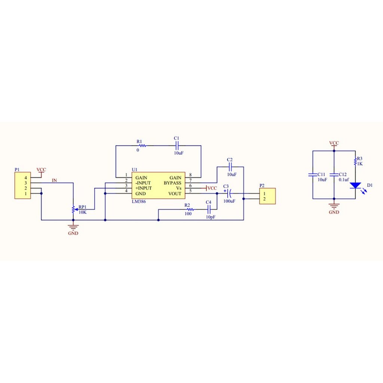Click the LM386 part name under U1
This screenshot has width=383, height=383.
coord(139,202)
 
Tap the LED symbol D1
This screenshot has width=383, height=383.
coord(355,186)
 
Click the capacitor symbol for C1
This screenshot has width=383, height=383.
coord(177,145)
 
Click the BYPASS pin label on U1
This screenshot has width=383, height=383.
coord(172,183)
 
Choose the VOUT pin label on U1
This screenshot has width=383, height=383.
coord(175,194)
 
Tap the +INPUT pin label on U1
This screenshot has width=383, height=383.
coord(144,189)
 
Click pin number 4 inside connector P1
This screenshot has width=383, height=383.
coord(26,178)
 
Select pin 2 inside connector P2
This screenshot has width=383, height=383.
coord(264,199)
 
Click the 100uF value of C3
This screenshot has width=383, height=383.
coord(229,201)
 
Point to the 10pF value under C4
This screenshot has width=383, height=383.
coord(211,217)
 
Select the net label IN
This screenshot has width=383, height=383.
coord(54,180)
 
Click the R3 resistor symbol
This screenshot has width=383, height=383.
coord(355,162)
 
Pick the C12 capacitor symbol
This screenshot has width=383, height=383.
coord(334,175)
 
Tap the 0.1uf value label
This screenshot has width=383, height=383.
coord(344,180)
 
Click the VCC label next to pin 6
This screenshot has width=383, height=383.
coord(212,188)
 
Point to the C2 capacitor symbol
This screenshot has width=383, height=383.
coord(230,167)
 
